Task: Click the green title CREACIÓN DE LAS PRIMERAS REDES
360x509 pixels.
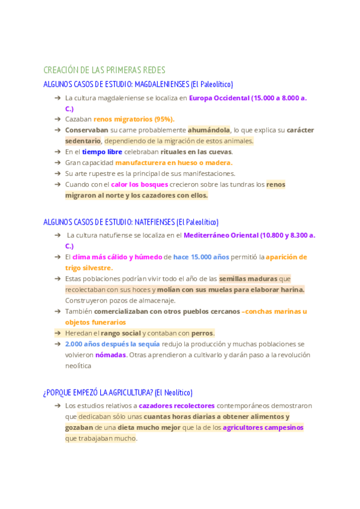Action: tap(104, 70)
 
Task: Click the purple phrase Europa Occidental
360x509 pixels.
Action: tap(219, 98)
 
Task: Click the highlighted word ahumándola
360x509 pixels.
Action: tap(209, 130)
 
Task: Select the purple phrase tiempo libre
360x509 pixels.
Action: tap(102, 152)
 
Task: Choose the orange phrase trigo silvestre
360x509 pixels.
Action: tap(89, 268)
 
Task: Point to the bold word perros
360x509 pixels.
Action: tap(203, 333)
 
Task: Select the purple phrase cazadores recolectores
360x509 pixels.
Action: tap(172, 406)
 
